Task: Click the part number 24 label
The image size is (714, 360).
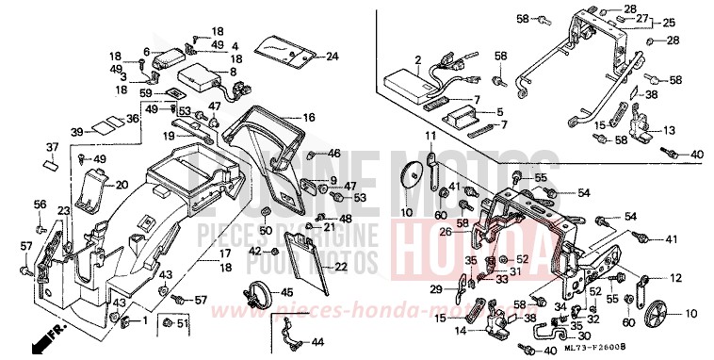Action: click(332, 57)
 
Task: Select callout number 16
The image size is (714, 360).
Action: click(308, 118)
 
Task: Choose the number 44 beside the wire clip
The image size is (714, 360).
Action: click(317, 341)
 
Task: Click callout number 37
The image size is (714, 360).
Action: click(52, 147)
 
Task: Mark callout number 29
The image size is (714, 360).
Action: click(436, 288)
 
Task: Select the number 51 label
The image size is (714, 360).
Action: click(184, 325)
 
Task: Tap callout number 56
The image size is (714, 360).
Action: click(40, 205)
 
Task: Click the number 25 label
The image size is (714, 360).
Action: click(696, 22)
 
